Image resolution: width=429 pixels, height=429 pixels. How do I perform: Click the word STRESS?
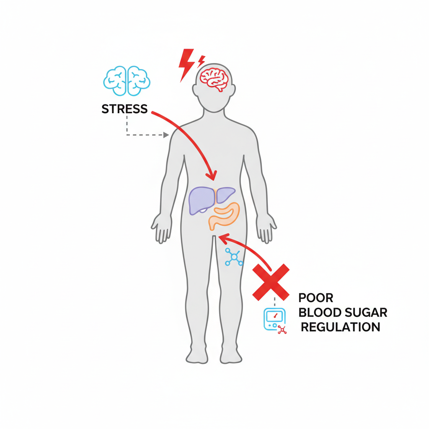pyautogui.click(x=124, y=109)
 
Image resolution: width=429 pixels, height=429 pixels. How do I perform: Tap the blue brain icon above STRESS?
pyautogui.click(x=127, y=80)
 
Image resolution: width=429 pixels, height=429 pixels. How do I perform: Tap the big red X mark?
pyautogui.click(x=271, y=282)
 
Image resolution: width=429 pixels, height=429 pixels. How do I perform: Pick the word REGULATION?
pyautogui.click(x=340, y=327)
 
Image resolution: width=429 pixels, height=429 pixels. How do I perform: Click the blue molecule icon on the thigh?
pyautogui.click(x=233, y=256)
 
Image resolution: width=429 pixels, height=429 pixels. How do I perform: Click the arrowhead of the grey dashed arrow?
pyautogui.click(x=167, y=135)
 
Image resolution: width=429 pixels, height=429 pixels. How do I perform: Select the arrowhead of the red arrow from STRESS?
pyautogui.click(x=212, y=175)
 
